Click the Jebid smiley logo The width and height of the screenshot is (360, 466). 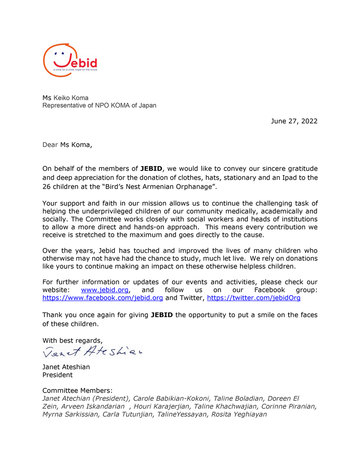[x=70, y=60]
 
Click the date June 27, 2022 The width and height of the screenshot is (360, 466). [x=294, y=121]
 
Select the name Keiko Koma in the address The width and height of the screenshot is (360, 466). [x=71, y=98]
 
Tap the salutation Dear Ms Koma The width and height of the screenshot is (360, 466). [x=68, y=145]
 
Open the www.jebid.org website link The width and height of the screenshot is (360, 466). [x=104, y=290]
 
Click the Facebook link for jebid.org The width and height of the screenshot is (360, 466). [x=103, y=298]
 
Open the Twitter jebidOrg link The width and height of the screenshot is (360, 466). [x=254, y=298]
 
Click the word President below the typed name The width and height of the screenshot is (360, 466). [x=57, y=375]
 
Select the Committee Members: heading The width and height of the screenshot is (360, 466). [x=78, y=391]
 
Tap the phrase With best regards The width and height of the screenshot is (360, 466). [x=72, y=341]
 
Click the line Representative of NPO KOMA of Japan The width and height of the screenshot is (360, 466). [x=99, y=106]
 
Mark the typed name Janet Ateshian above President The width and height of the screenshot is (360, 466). [x=66, y=367]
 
